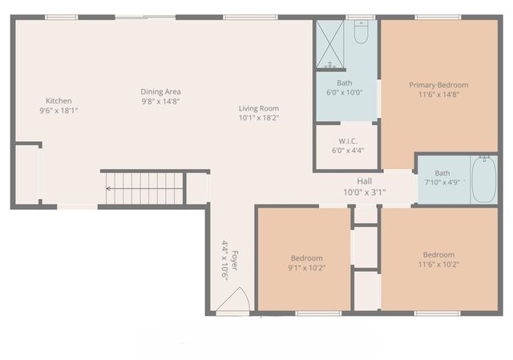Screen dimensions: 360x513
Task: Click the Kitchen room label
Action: (59, 100)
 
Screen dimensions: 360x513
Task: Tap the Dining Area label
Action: (160, 91)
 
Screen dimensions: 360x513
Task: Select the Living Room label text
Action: (258, 108)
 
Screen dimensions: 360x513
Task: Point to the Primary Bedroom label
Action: (438, 85)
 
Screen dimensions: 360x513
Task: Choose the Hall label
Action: (365, 182)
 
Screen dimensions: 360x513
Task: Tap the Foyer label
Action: (234, 261)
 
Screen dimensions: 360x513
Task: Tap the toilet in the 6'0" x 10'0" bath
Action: (361, 33)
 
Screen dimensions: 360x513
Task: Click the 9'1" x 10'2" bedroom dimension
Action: (306, 268)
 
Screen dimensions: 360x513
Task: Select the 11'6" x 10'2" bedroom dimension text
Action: (438, 265)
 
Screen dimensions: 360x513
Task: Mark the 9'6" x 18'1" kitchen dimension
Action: (59, 111)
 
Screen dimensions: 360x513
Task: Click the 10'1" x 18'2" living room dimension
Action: (258, 118)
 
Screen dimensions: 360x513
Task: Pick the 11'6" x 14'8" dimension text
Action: (438, 95)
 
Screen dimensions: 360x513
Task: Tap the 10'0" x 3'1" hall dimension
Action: (365, 192)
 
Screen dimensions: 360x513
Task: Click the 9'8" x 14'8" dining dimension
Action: (160, 101)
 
